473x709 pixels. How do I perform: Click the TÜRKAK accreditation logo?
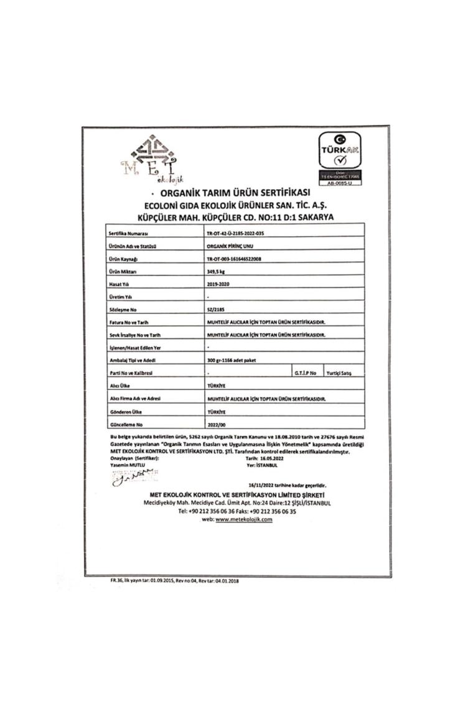point(340,159)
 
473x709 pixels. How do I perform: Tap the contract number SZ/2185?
point(214,309)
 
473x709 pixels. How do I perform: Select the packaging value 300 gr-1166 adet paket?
point(230,360)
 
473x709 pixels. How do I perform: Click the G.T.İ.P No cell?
point(305,373)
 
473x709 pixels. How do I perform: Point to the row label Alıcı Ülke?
point(119,386)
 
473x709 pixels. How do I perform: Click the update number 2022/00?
point(216,424)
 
